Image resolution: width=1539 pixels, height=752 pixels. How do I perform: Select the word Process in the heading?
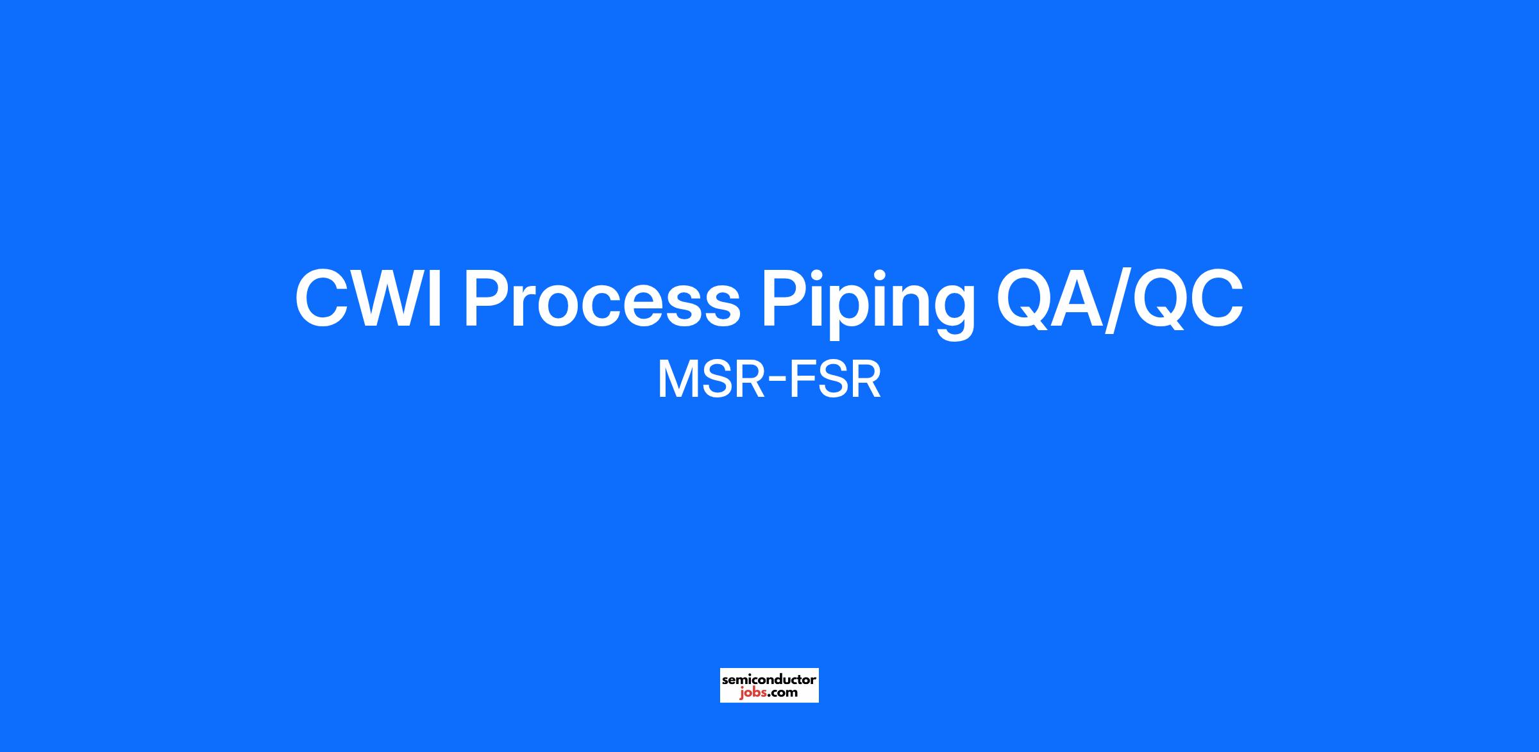[x=601, y=299]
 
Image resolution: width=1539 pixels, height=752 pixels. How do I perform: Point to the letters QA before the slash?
[x=1050, y=299]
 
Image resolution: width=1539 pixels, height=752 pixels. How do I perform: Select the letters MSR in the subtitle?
[x=710, y=381]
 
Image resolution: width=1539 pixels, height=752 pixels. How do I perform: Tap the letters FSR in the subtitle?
[x=835, y=381]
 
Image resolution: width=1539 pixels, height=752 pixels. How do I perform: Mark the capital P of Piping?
[x=782, y=299]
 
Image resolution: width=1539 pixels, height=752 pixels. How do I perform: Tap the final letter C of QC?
[x=1215, y=299]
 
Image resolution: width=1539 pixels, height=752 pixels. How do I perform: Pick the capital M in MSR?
[x=676, y=381]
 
